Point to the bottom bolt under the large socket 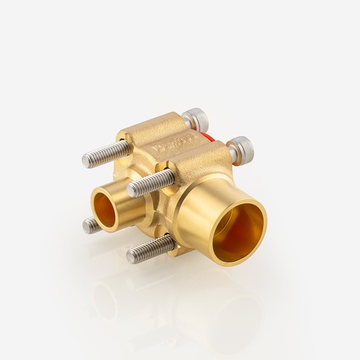pyautogui.click(x=150, y=248)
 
